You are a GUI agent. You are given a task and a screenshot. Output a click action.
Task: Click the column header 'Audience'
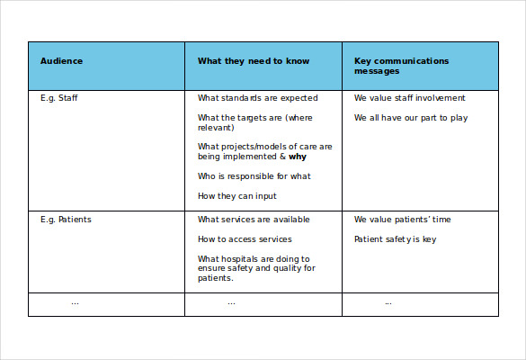tap(61, 61)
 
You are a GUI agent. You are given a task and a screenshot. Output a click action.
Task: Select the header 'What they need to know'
tap(254, 61)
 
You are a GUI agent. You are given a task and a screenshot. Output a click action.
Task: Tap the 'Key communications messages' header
tap(401, 66)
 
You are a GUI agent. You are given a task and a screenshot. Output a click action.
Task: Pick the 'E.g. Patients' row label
tap(66, 220)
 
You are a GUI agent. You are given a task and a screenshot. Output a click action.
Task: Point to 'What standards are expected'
tap(257, 98)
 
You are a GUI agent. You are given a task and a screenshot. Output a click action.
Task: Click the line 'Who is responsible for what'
tap(254, 176)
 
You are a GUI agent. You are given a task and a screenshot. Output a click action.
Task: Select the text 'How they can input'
tap(237, 196)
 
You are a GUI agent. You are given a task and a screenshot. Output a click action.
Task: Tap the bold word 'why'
tap(298, 157)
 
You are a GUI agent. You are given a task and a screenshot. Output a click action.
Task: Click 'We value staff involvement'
tap(410, 98)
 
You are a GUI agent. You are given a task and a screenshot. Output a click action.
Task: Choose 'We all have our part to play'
tap(411, 118)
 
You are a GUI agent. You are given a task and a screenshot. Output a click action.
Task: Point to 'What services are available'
tap(254, 220)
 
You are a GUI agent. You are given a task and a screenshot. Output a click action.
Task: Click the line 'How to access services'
tap(245, 239)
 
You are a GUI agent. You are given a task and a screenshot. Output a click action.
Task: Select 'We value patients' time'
tap(403, 220)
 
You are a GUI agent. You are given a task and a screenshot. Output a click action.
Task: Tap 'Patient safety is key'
tap(396, 239)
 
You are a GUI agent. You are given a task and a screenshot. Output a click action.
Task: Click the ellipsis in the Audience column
tap(75, 303)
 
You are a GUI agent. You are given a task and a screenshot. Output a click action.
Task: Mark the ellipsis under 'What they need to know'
tap(231, 303)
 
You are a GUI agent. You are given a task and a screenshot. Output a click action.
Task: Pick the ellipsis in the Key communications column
tap(388, 303)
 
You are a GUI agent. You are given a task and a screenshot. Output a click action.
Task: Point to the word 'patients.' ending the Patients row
tap(216, 278)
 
